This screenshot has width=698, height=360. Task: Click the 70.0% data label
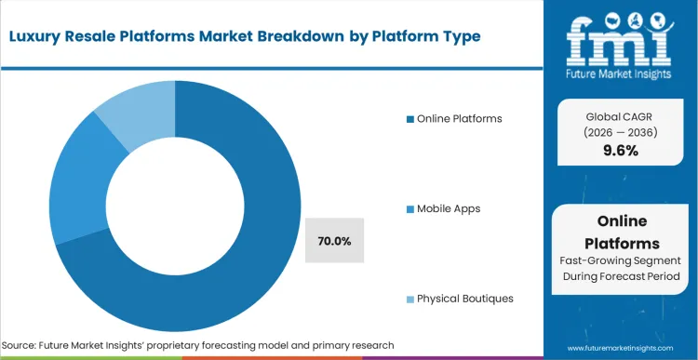coord(334,241)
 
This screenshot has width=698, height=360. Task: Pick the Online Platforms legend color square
coord(409,118)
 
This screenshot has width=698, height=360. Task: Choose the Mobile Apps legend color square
coord(409,208)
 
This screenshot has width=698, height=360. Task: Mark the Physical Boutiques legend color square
coord(409,299)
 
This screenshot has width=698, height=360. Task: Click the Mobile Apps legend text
coord(449,208)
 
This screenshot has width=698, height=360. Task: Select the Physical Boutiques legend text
coord(464,299)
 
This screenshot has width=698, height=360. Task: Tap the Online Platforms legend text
coord(460,118)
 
